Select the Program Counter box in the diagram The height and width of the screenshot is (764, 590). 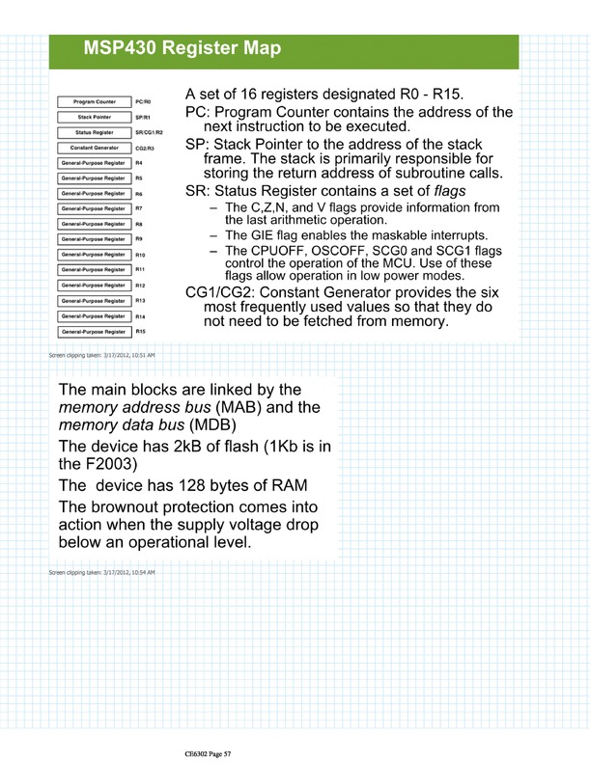pyautogui.click(x=95, y=101)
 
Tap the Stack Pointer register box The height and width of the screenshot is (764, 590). pyautogui.click(x=95, y=117)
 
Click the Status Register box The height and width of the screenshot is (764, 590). pyautogui.click(x=95, y=132)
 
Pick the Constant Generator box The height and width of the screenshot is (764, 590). pyautogui.click(x=95, y=148)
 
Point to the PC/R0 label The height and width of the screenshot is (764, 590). pyautogui.click(x=145, y=101)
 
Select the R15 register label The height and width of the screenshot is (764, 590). pyautogui.click(x=141, y=332)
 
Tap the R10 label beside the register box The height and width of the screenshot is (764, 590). pyautogui.click(x=141, y=255)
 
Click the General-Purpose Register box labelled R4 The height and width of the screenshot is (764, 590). pyautogui.click(x=95, y=163)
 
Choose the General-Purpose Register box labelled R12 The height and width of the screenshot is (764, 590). pyautogui.click(x=95, y=286)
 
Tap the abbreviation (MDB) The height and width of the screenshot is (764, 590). pyautogui.click(x=219, y=425)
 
